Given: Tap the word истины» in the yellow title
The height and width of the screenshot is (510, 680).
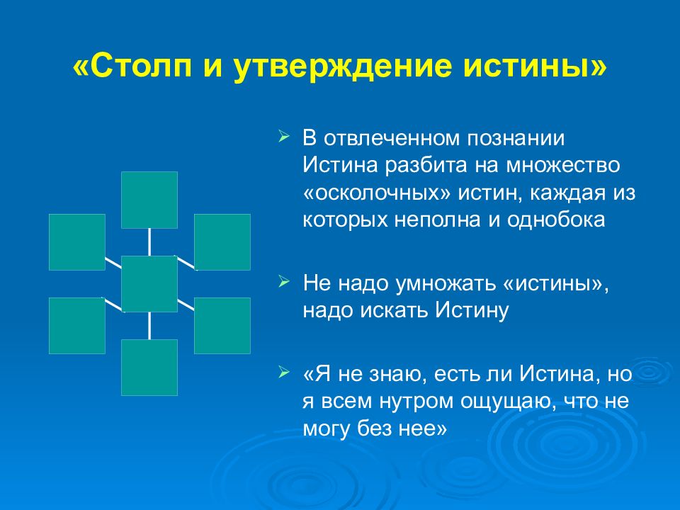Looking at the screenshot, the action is pos(535,67).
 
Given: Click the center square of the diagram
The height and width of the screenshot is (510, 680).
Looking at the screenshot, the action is pos(149,284).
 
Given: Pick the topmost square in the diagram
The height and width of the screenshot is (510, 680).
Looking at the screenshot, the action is pos(149,200).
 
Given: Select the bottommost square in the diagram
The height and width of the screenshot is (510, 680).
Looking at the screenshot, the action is pos(149,368).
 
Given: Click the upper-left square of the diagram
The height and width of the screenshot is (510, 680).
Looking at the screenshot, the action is pos(77,242).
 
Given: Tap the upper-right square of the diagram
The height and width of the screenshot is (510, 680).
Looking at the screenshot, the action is pos(222,242).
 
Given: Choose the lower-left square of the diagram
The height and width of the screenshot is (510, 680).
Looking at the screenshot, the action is pos(77,326).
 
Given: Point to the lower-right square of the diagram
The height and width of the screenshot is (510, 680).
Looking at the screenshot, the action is pos(222,326).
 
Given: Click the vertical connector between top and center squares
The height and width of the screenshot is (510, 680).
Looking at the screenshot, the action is pos(149,242).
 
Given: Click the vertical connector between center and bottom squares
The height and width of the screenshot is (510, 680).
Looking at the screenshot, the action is pos(149,326).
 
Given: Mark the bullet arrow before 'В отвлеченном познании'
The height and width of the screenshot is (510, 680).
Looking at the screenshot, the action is pos(283,137).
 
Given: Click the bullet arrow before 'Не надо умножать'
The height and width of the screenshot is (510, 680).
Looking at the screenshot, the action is pos(283,283).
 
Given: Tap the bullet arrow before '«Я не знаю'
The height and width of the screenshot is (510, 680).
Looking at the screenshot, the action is pos(283,372).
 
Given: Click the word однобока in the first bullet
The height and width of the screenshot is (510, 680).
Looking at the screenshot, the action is pos(556,220).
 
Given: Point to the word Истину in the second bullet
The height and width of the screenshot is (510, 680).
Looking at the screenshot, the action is pos(472,310).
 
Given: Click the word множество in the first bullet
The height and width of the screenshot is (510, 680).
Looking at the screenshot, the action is pos(563,166).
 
